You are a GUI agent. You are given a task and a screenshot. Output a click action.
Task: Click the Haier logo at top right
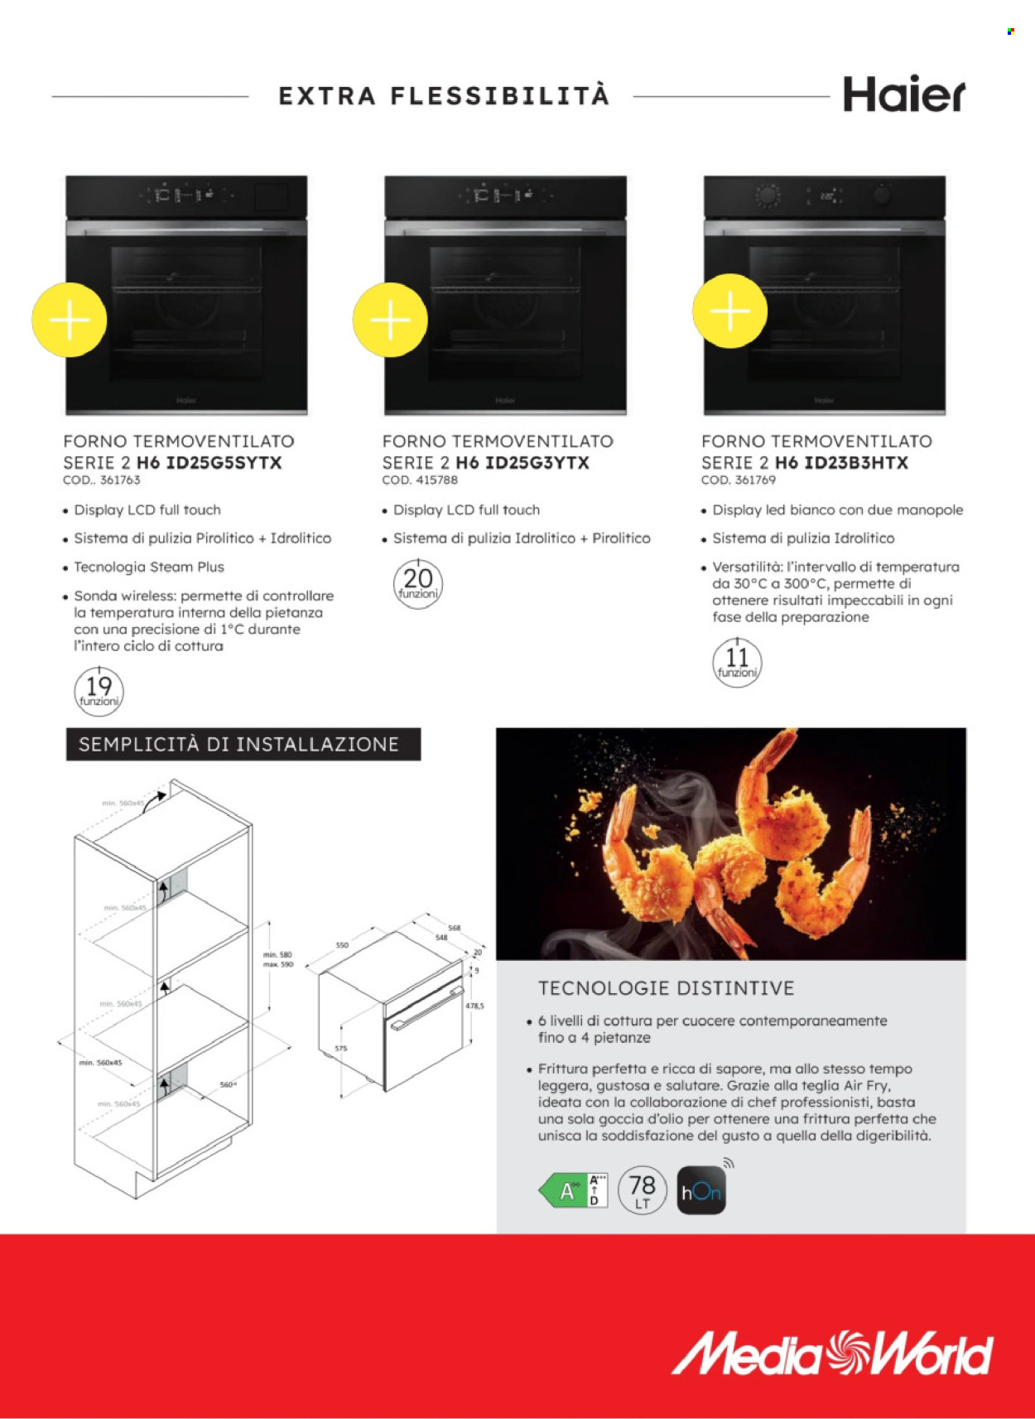click(903, 94)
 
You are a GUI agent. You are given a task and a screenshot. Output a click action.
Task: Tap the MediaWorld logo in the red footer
click(831, 1353)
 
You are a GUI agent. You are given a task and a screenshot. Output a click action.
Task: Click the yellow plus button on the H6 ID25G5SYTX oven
click(70, 320)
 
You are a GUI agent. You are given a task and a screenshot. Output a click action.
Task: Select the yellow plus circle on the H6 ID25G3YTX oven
click(390, 320)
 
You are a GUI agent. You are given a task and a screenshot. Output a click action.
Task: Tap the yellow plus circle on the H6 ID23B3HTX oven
click(729, 311)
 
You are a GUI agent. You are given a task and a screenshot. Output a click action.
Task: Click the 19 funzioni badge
click(99, 691)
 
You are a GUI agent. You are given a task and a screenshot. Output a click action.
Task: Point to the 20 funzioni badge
click(418, 583)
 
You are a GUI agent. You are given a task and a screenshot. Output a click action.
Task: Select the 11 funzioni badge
click(737, 662)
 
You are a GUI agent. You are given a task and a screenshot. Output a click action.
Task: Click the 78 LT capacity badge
click(642, 1191)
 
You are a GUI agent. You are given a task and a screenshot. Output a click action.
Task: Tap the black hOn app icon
click(700, 1191)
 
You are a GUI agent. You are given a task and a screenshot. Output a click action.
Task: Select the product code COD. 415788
click(420, 480)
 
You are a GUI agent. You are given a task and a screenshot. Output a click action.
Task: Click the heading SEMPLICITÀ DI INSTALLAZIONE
click(239, 744)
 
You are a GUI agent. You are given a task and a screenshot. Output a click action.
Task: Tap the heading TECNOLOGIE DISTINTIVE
click(666, 988)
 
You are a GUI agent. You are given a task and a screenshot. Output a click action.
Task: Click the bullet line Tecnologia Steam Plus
click(149, 567)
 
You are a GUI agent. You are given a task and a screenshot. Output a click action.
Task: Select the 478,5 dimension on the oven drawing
click(474, 1006)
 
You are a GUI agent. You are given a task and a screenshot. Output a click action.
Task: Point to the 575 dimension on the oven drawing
click(341, 1049)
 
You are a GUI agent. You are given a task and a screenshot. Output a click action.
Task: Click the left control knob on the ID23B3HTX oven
click(768, 196)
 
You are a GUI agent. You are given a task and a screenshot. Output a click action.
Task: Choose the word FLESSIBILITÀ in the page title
click(500, 96)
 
